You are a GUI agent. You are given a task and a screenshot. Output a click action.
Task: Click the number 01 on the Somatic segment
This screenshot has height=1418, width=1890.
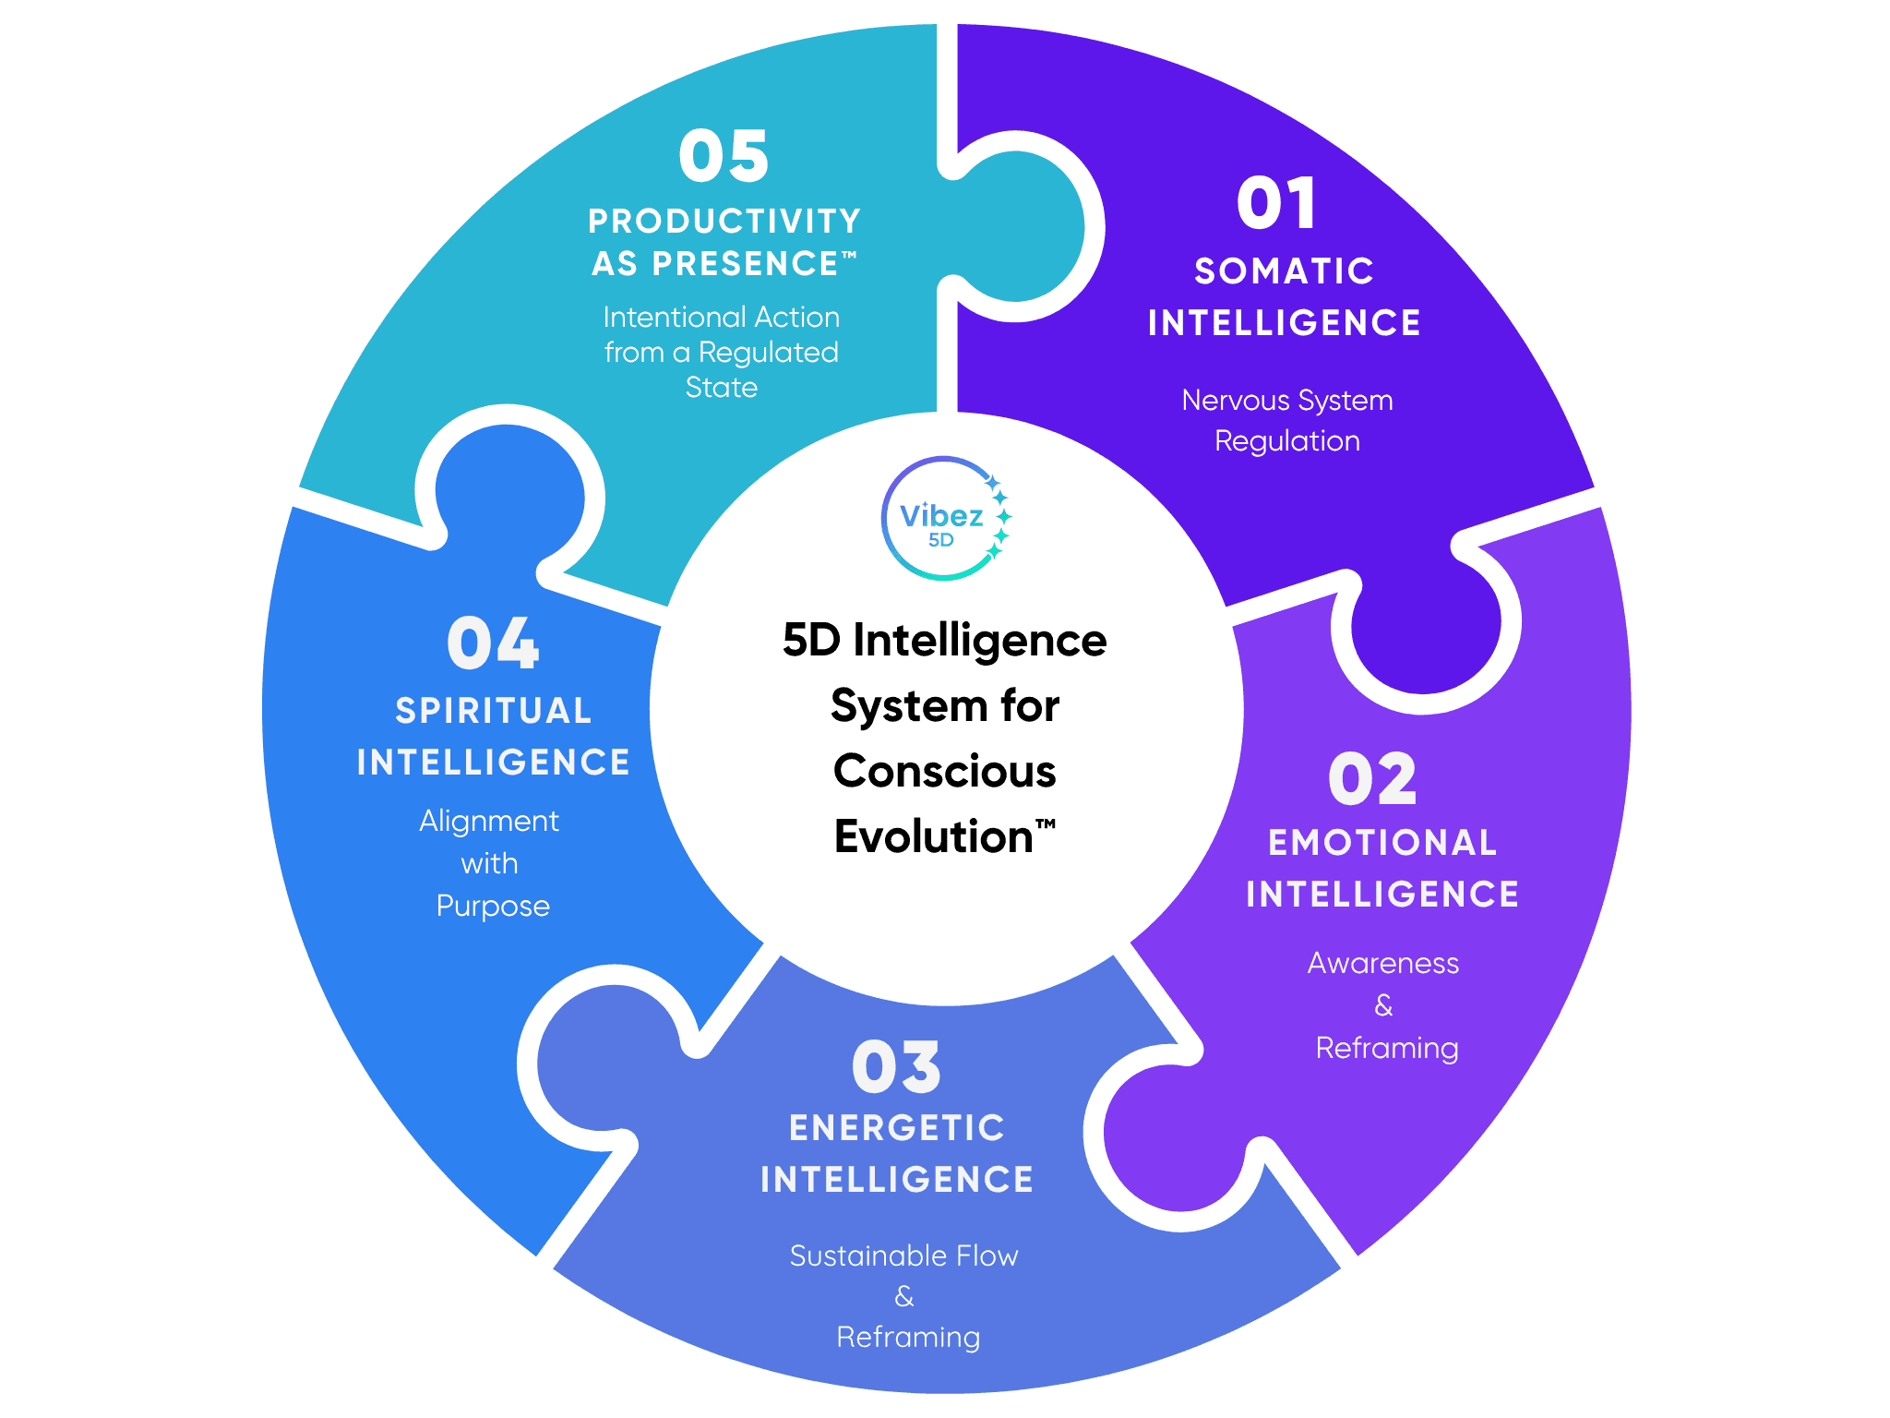coord(1276,204)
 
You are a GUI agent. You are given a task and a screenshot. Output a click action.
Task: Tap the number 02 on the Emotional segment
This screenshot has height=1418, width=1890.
coord(1372,780)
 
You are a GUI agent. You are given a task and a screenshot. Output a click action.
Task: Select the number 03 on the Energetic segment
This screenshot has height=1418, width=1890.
coord(896,1067)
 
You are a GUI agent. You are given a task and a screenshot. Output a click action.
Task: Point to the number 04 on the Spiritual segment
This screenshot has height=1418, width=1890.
coord(493,643)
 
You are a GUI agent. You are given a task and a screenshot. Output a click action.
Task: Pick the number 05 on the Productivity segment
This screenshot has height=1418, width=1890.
coord(724,156)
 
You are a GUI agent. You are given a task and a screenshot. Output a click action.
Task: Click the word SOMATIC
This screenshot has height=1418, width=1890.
coord(1285,271)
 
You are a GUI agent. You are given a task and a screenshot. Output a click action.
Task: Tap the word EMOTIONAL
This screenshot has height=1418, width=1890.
coord(1382,843)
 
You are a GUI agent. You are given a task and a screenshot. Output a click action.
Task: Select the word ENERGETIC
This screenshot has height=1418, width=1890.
coord(897,1128)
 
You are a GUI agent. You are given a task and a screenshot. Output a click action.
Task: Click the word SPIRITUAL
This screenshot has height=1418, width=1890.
coord(494,711)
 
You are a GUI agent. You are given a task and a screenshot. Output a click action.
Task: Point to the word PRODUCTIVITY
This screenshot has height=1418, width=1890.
coord(724,222)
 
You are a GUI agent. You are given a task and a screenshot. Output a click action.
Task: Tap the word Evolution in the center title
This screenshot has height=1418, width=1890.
coord(933,836)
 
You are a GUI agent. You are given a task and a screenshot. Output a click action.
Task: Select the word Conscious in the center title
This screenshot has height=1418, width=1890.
coord(944,771)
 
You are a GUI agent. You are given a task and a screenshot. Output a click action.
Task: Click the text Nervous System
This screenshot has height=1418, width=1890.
coord(1287,401)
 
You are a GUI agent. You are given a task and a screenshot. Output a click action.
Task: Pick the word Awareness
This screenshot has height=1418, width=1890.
coord(1382,963)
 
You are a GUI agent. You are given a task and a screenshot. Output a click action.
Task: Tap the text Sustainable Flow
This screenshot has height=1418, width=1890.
coord(903,1256)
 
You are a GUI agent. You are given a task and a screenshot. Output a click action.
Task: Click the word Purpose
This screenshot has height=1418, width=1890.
coord(493,907)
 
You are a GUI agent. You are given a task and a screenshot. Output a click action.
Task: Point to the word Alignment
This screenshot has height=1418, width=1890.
coord(489,821)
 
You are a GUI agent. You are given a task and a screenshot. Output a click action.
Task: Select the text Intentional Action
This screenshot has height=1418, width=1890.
coord(721,318)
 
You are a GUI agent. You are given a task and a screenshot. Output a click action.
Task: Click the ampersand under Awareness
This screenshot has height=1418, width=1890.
coord(1383,1005)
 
